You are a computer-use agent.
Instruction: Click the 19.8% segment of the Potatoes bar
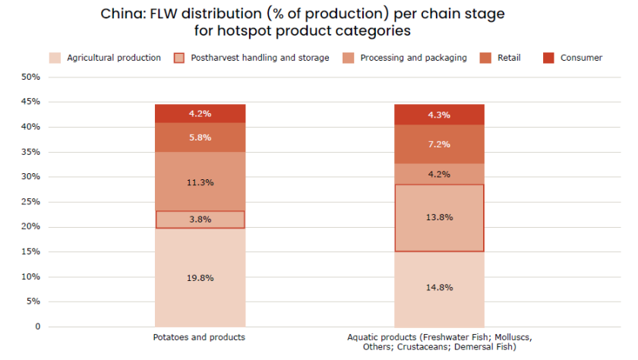200,277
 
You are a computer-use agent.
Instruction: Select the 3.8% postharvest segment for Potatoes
200,219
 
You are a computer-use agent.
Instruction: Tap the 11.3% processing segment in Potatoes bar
200,182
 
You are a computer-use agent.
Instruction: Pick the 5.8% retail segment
200,137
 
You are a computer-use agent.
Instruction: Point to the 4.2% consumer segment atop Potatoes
200,113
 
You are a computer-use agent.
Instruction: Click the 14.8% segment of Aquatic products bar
439,288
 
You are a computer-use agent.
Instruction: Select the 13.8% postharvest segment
439,217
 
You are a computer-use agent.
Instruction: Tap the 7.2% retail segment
439,144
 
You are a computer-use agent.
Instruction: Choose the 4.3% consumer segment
439,115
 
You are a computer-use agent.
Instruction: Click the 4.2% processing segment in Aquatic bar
439,174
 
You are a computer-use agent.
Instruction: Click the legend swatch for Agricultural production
55,58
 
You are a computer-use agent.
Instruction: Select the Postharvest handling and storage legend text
260,58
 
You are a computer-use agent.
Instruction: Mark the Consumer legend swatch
549,58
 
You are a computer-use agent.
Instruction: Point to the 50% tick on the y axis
30,77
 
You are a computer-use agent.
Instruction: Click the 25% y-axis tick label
30,202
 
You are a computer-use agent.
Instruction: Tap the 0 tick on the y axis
36,327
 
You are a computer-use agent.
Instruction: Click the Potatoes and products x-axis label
200,336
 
